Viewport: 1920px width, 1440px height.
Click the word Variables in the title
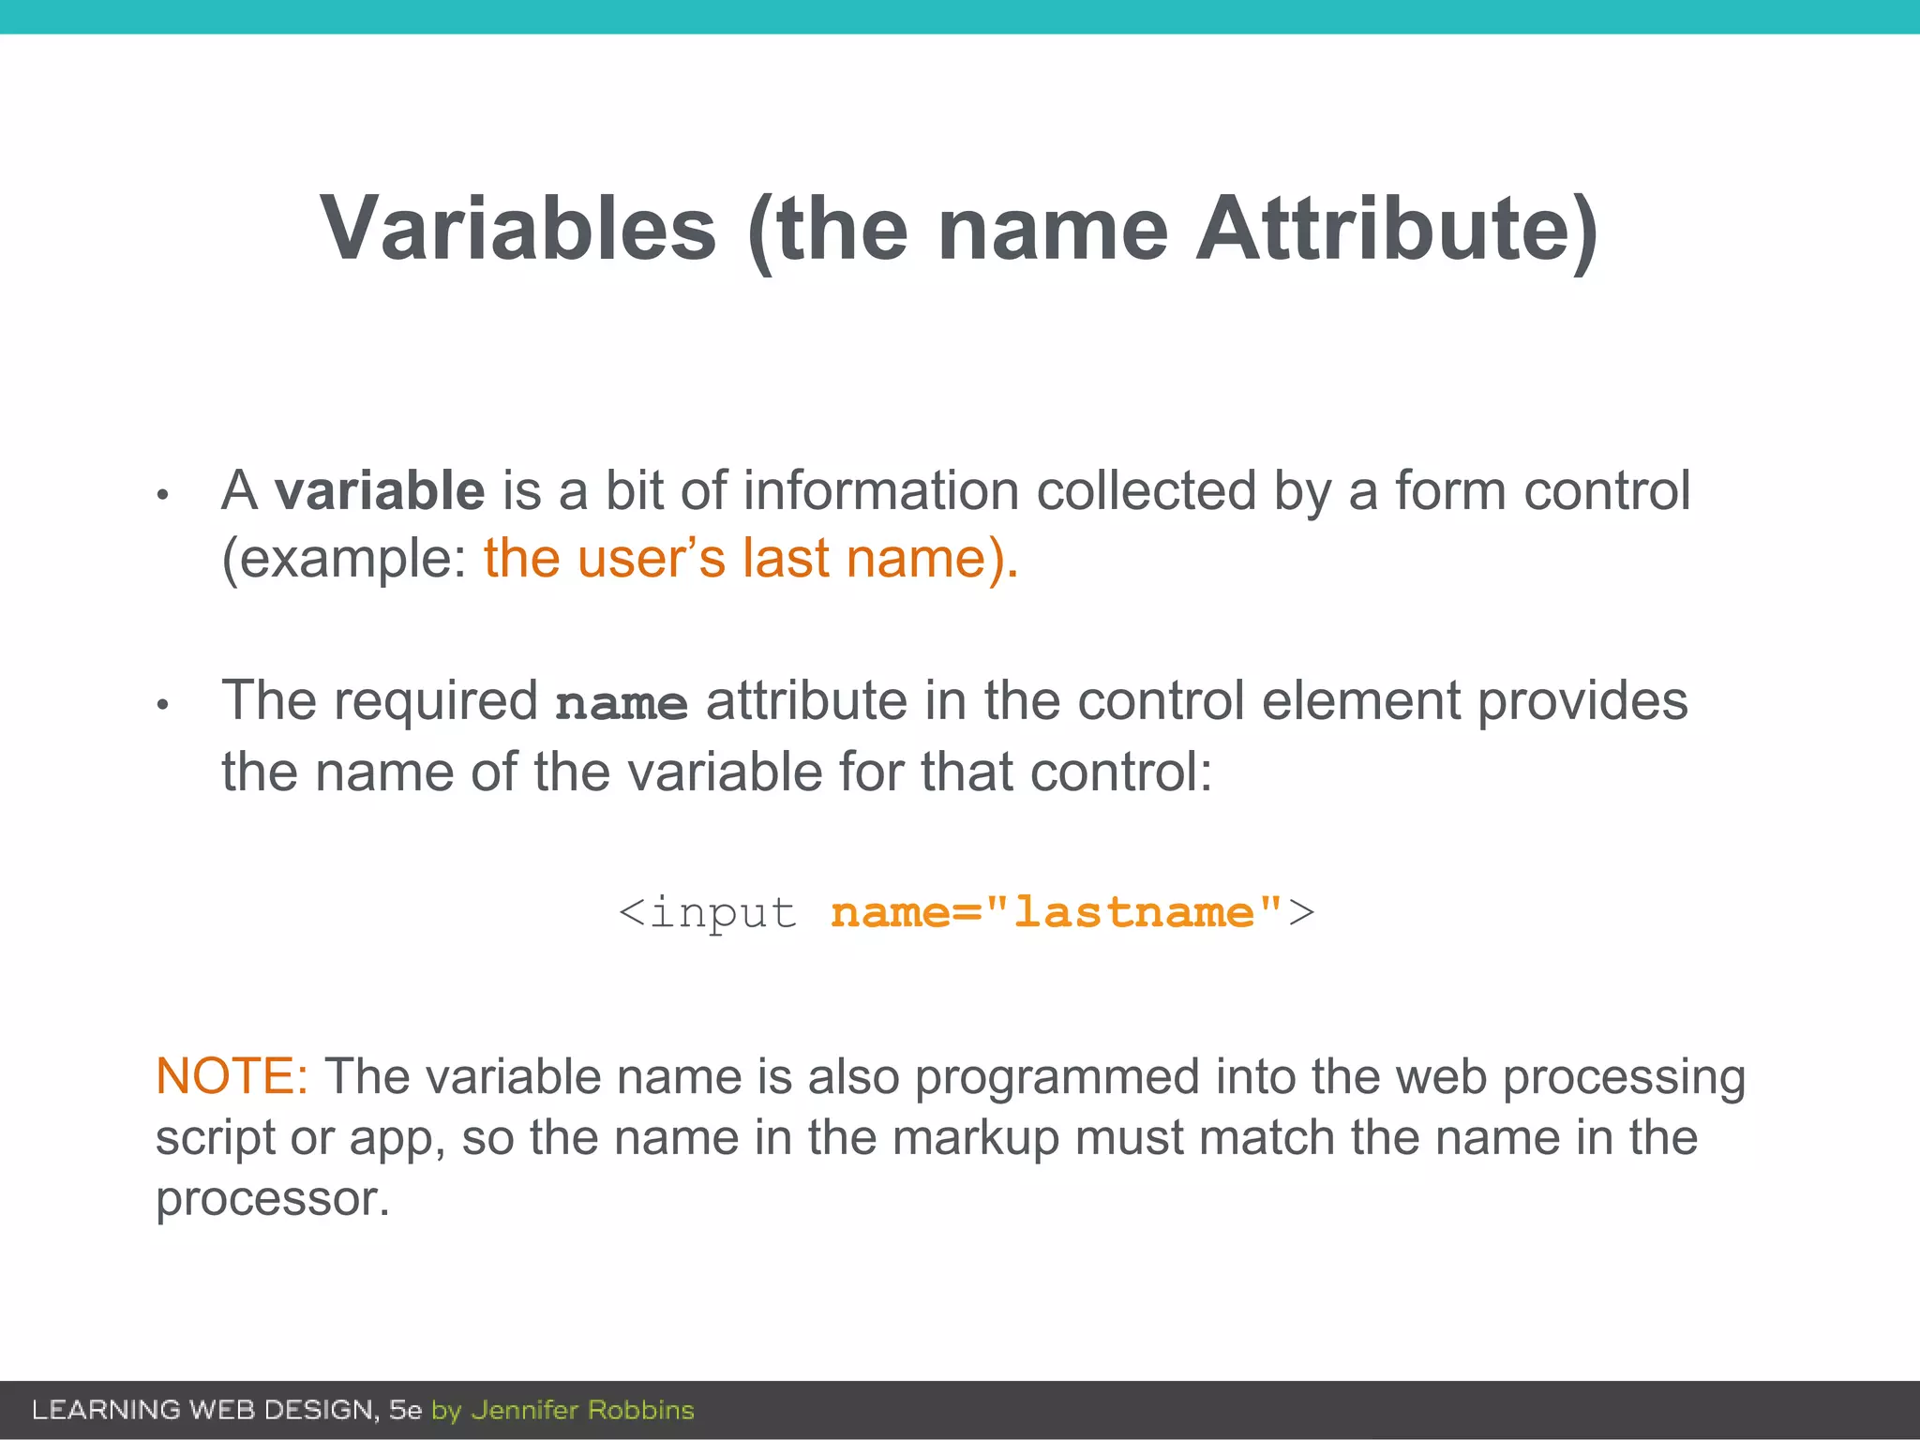pyautogui.click(x=518, y=229)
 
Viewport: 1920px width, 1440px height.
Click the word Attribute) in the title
pyautogui.click(x=1397, y=229)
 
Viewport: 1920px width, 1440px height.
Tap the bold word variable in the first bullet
pyautogui.click(x=380, y=491)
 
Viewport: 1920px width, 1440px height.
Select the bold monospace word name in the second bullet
pyautogui.click(x=622, y=703)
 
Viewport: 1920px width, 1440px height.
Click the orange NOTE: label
pyautogui.click(x=232, y=1076)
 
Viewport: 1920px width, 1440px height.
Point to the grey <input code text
pyautogui.click(x=708, y=912)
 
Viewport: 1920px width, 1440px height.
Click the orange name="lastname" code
pyautogui.click(x=1057, y=912)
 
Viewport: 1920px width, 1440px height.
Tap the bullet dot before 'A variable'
pyautogui.click(x=162, y=495)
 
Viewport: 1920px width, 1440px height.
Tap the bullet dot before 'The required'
pyautogui.click(x=162, y=705)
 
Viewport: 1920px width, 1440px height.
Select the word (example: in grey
pyautogui.click(x=344, y=559)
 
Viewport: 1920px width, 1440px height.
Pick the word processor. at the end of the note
pyautogui.click(x=272, y=1199)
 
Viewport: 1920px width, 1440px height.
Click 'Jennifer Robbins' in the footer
pyautogui.click(x=582, y=1410)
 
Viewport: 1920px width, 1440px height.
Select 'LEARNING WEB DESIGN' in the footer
pyautogui.click(x=203, y=1410)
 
